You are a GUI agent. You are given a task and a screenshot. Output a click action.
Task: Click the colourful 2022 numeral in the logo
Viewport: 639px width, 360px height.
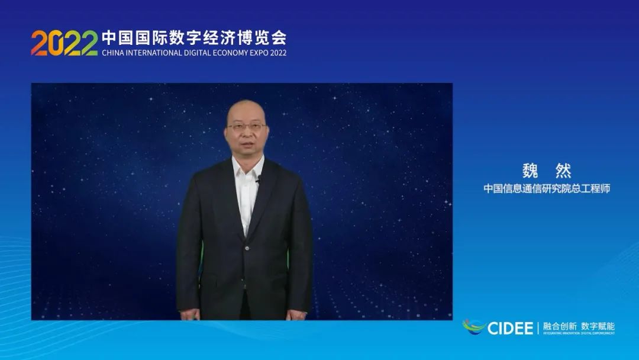pos(64,43)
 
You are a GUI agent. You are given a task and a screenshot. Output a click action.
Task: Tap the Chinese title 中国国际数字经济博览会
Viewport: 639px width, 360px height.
pos(194,38)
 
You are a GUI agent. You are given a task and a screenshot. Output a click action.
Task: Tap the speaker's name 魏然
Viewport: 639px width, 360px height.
pos(546,171)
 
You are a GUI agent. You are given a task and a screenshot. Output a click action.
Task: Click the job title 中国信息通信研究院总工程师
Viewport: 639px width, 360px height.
pos(546,189)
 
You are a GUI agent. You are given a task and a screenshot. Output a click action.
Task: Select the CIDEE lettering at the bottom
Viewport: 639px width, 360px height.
pos(511,327)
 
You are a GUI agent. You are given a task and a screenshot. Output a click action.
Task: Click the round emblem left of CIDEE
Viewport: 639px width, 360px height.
pos(473,326)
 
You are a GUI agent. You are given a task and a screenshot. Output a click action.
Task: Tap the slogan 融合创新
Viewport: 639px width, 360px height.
pos(559,326)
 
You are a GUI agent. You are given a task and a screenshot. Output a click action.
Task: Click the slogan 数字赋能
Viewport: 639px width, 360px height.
pos(598,326)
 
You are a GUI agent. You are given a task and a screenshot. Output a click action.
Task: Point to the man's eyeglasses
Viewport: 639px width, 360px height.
pos(246,126)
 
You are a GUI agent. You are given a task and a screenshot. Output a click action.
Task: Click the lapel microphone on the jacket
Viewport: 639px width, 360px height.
pos(258,179)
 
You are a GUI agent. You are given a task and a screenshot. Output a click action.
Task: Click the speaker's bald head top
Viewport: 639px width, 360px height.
pos(246,107)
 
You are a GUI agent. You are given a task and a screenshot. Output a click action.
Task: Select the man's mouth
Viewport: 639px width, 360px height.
pos(246,146)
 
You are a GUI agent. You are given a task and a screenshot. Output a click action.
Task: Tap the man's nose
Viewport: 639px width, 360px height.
pos(246,135)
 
